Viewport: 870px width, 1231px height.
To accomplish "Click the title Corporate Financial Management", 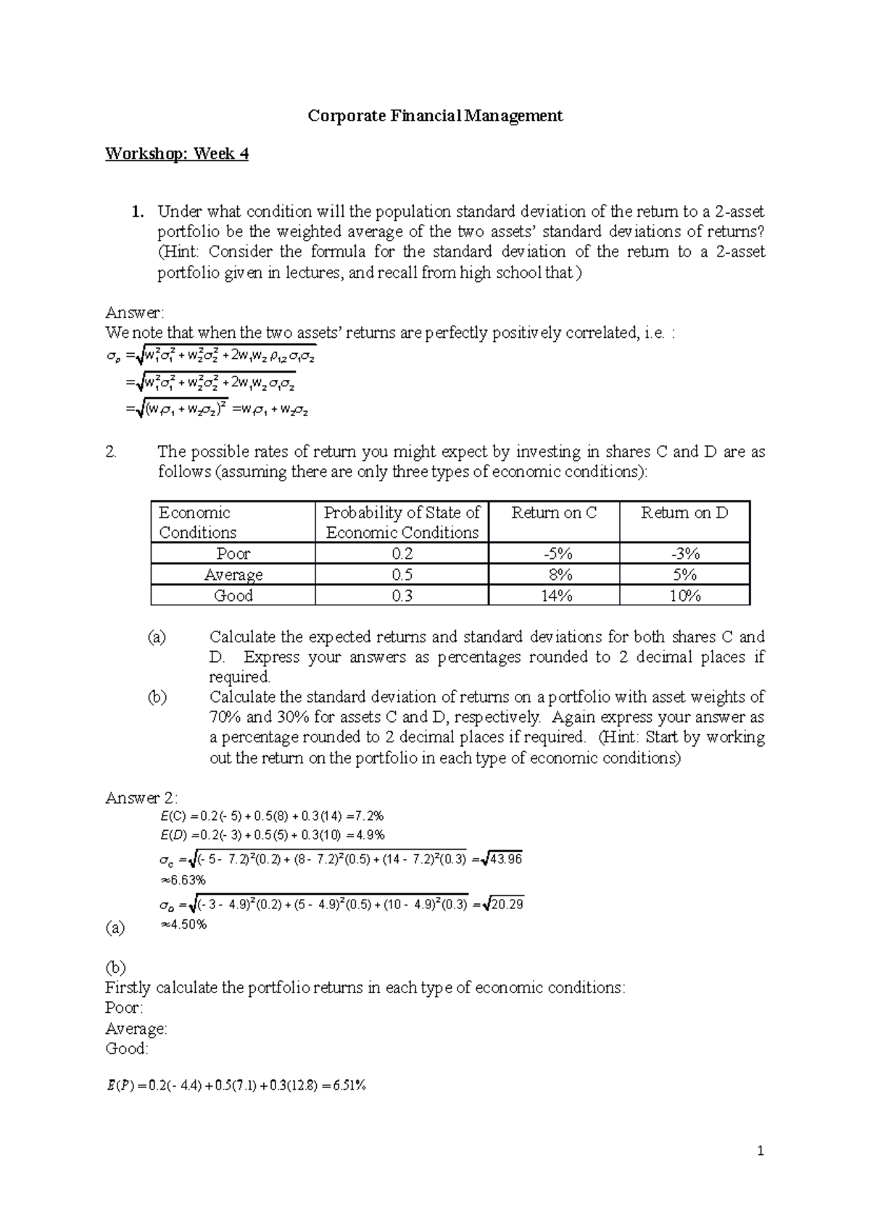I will click(435, 116).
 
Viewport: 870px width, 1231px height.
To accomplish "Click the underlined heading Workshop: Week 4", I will click(177, 154).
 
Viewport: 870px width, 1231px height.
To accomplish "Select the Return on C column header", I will click(554, 513).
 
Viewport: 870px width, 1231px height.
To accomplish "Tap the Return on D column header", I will click(684, 513).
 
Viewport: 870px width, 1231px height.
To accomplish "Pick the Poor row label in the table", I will click(233, 554).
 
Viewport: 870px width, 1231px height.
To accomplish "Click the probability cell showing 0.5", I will click(402, 575).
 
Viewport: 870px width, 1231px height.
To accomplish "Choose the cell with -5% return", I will click(554, 554).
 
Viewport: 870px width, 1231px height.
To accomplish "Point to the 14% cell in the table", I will click(554, 596).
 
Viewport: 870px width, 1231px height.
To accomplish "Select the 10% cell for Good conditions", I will click(684, 596).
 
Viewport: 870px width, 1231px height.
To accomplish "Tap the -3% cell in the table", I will click(684, 554).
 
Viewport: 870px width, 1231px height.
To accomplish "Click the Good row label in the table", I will click(233, 596).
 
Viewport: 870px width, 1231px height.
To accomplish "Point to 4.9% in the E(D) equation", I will click(370, 835).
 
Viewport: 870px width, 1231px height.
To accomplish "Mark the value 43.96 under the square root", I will click(506, 860).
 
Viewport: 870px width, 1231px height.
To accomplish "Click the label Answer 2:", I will click(141, 798).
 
